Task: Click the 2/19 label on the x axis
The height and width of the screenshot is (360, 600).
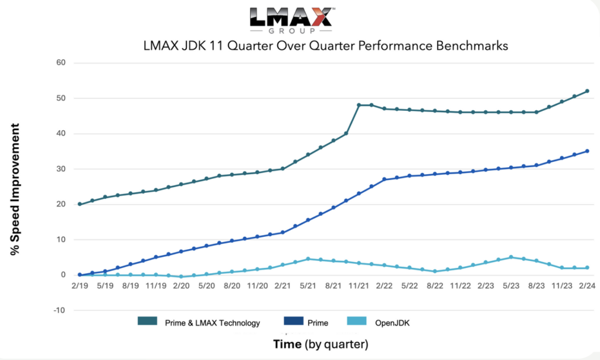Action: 80,286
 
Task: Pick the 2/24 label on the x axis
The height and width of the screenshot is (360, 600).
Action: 587,286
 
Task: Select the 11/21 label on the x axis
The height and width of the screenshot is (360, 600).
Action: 358,286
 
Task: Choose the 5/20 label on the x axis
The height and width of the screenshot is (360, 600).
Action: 206,286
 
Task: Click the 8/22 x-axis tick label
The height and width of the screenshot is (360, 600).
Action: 435,286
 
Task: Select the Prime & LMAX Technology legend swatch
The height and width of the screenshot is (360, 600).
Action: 146,321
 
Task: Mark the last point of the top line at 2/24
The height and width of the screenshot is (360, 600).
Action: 587,91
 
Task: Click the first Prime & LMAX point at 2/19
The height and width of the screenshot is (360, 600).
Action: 80,204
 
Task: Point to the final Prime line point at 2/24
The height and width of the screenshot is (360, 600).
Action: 587,151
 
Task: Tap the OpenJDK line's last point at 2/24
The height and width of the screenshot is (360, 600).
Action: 587,267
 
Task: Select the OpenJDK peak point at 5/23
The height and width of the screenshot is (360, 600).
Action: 511,257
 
